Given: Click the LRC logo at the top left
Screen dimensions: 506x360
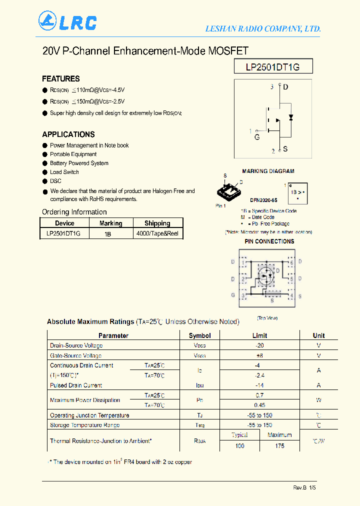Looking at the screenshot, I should coord(67,21).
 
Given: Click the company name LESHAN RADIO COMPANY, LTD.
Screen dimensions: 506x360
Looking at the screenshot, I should coord(263,29).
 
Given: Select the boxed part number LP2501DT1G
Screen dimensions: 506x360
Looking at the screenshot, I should coord(273,67).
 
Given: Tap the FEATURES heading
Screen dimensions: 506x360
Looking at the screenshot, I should coord(61,78).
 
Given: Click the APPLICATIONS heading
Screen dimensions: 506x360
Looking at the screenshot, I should coord(68,134).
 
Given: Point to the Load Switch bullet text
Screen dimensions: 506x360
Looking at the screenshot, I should coord(64,172).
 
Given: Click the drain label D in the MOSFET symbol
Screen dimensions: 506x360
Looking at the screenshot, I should coord(285,87).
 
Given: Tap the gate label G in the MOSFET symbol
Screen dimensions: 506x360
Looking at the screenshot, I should coord(257,136).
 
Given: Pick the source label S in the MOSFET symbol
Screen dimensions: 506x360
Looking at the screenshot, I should coord(285,149).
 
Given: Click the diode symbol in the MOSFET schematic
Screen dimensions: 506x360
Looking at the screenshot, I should coord(291,117).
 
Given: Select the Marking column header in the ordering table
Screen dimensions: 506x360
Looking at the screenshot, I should coord(110,223).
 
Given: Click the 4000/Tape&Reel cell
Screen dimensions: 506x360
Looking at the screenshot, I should coord(157,233).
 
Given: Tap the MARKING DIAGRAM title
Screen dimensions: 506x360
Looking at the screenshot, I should coord(268,171).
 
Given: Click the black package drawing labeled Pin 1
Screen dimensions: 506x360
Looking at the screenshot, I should coord(228,190).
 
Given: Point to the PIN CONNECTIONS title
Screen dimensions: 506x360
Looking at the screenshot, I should coord(269,241).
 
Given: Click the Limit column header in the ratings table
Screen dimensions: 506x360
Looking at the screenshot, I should coord(259,335).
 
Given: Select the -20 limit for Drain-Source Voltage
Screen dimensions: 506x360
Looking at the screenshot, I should coord(259,345).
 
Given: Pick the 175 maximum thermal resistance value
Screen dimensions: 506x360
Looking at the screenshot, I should coord(279,445).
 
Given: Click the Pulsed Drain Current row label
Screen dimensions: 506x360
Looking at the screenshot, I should coord(76,385).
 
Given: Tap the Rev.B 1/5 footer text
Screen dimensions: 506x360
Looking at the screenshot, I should coord(304,488).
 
